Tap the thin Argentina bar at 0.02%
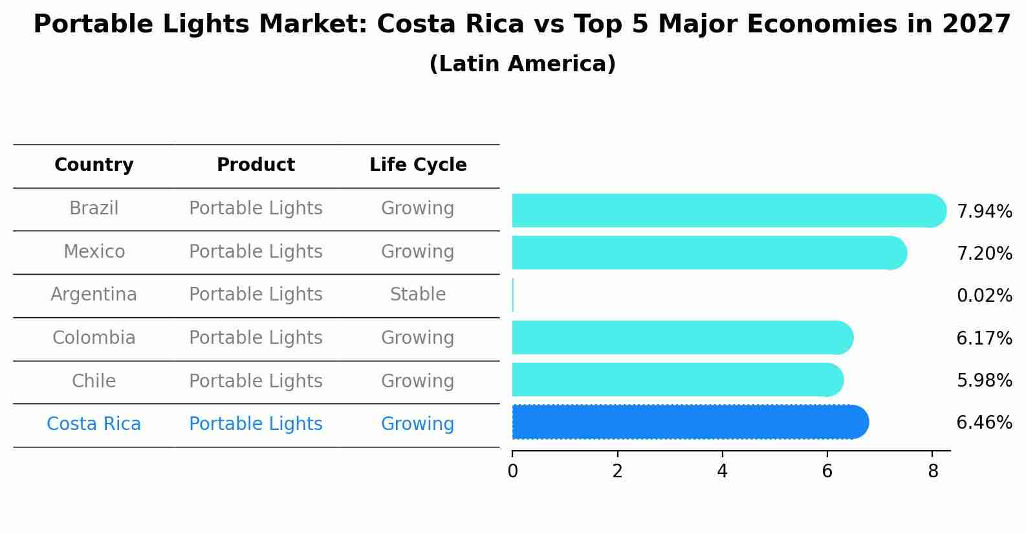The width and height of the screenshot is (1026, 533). tap(513, 295)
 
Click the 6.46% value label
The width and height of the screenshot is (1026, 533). tap(984, 423)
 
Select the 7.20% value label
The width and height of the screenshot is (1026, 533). tap(984, 253)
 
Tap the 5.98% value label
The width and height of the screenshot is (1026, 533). tap(984, 380)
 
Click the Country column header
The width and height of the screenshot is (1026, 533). tap(94, 165)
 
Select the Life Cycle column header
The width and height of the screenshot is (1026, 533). tap(418, 165)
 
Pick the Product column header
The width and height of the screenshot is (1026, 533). tap(256, 165)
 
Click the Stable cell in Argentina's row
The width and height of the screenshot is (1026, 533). tap(418, 295)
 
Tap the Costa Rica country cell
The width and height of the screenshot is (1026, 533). tap(94, 424)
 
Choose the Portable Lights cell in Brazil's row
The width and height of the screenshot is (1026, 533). tap(256, 209)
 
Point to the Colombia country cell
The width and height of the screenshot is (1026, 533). tap(94, 338)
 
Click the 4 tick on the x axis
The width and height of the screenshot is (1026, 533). tap(722, 471)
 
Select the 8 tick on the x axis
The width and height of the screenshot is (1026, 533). tap(932, 471)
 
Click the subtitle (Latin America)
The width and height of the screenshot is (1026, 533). tap(522, 64)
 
